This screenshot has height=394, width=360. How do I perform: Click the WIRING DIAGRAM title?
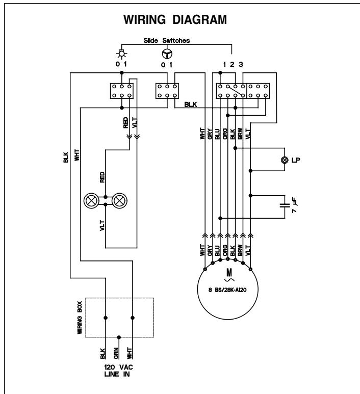pos(175,19)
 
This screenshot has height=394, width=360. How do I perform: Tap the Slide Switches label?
pos(166,40)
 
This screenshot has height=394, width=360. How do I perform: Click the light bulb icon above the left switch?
pos(122,54)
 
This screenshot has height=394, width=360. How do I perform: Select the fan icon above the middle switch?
pos(167,54)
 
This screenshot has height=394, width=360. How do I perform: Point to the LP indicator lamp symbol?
pos(285,160)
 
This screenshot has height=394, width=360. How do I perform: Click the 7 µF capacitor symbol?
pos(285,205)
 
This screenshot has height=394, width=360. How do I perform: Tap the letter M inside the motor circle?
pos(229,273)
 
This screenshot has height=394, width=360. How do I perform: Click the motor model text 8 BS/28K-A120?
pos(227,290)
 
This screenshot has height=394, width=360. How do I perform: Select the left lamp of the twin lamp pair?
pos(91,201)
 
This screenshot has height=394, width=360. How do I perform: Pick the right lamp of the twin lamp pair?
pos(119,201)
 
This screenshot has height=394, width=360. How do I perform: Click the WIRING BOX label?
pos(80,318)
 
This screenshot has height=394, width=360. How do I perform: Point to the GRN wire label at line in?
pos(116,353)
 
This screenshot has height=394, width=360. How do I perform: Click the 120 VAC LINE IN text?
pos(119,371)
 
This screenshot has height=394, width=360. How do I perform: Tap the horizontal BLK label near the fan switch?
pos(191,104)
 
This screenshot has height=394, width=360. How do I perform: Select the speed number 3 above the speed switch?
pos(241,65)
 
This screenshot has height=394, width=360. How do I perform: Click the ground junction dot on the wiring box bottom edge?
pos(119,337)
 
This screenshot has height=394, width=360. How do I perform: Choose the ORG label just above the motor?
pos(225,250)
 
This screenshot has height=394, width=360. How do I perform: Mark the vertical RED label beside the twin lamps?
pos(102,177)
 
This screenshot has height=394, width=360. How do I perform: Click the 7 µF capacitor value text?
pos(294,205)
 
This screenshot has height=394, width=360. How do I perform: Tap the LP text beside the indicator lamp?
pos(296,160)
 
